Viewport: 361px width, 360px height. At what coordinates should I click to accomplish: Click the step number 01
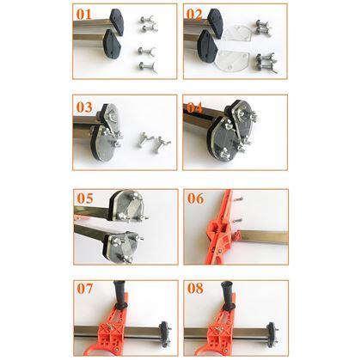pyautogui.click(x=83, y=14)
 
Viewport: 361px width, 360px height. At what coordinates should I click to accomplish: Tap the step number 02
pyautogui.click(x=194, y=14)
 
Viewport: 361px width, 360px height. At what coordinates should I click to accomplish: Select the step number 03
pyautogui.click(x=84, y=107)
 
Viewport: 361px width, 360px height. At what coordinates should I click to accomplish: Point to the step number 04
pyautogui.click(x=195, y=107)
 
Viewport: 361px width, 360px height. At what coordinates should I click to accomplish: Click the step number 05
pyautogui.click(x=85, y=198)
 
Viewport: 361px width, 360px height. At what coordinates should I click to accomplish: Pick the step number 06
pyautogui.click(x=196, y=198)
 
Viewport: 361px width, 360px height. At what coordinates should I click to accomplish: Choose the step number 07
pyautogui.click(x=85, y=288)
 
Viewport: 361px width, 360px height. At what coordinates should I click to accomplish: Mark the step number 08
pyautogui.click(x=195, y=288)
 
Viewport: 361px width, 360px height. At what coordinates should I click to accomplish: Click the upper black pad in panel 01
pyautogui.click(x=116, y=21)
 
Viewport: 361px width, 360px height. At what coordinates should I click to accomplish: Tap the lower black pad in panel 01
pyautogui.click(x=113, y=45)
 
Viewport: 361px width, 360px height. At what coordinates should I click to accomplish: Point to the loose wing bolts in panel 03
pyautogui.click(x=154, y=141)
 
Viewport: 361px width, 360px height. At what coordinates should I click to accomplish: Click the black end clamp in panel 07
pyautogui.click(x=164, y=334)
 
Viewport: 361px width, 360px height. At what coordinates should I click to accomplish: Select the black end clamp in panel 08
pyautogui.click(x=272, y=334)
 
